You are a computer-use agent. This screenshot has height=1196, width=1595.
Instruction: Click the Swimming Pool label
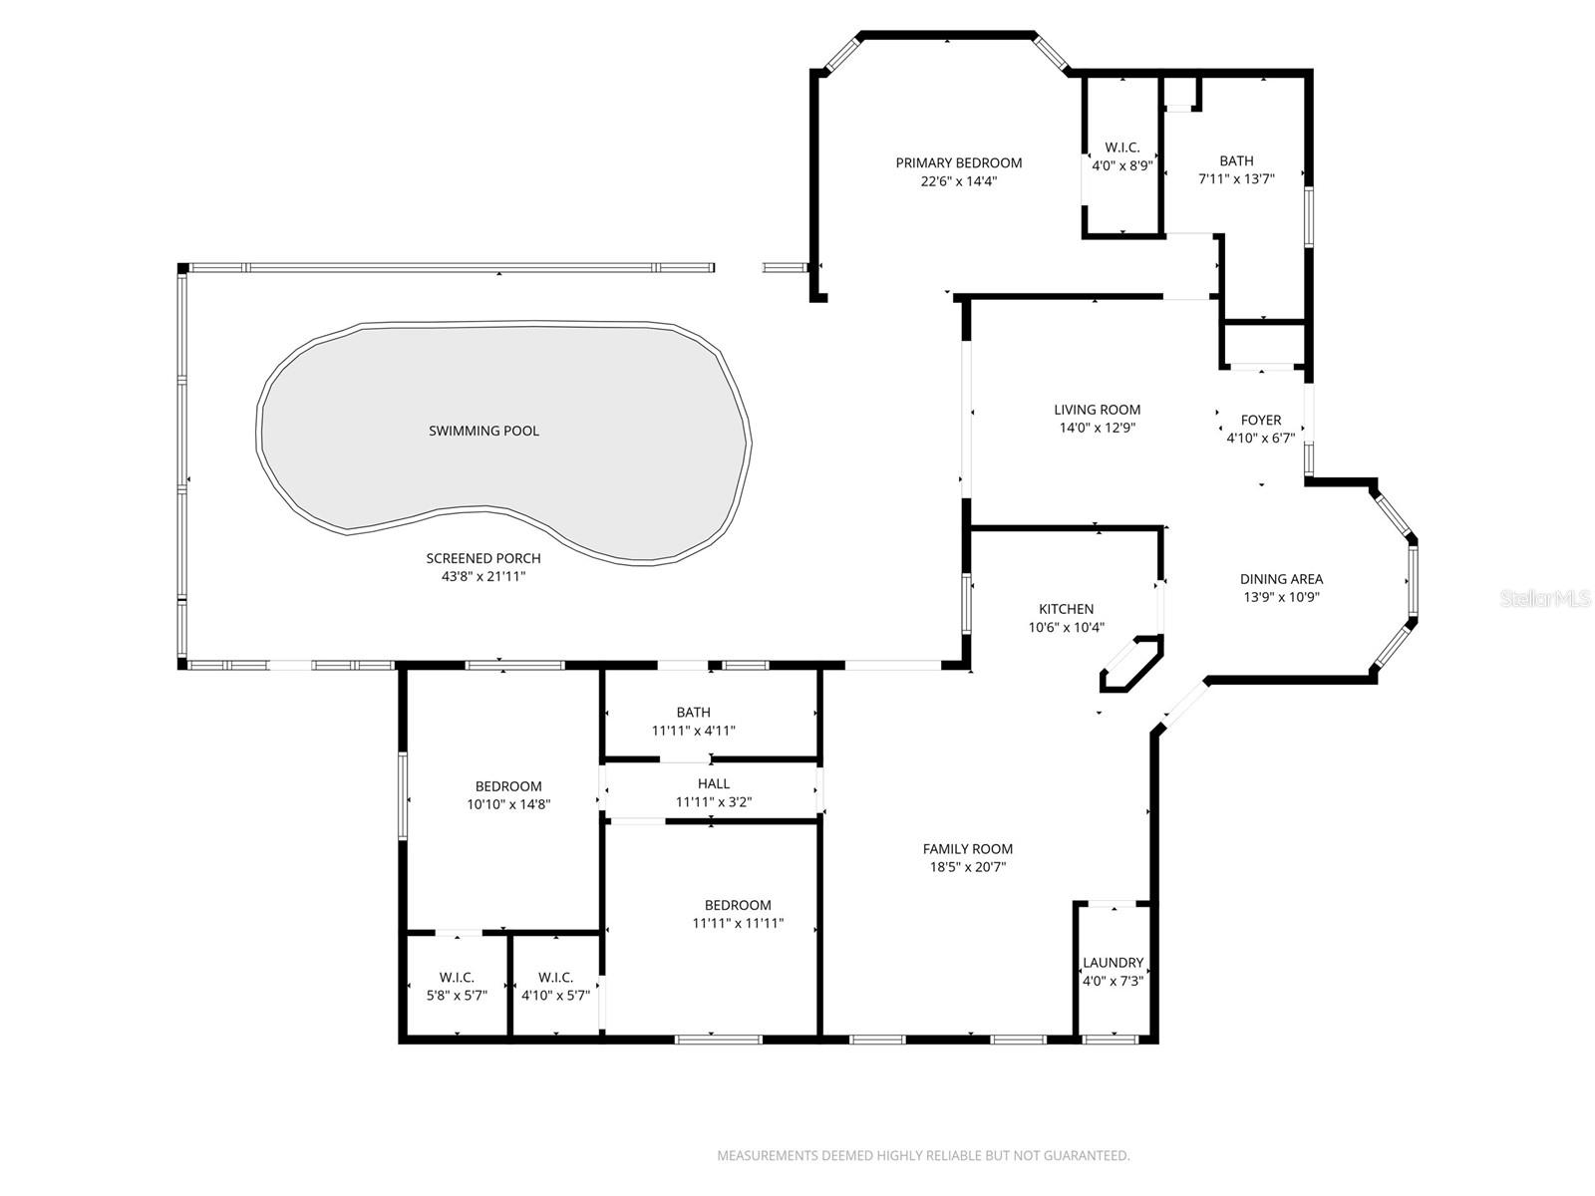483,431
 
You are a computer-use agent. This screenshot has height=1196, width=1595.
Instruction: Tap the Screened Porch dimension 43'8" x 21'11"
483,577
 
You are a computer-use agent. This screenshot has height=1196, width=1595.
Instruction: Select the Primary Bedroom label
958,162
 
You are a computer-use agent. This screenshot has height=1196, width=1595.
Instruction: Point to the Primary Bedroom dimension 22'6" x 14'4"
958,181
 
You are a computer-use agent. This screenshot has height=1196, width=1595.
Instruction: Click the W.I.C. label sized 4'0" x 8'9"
1122,148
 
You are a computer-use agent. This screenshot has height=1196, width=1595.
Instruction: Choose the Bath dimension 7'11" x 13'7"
1236,179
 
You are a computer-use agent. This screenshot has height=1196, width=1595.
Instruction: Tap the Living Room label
1097,410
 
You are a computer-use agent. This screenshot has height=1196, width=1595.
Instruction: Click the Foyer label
1260,420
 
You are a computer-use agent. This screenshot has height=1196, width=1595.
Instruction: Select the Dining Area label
1281,579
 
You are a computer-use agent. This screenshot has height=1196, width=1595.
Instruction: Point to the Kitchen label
1066,609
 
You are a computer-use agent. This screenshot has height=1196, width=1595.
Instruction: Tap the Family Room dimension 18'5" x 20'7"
967,867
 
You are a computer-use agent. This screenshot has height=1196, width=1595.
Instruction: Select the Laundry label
1113,963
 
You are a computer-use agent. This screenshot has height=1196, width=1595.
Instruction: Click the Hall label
713,783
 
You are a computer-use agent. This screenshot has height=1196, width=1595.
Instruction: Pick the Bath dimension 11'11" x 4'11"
693,731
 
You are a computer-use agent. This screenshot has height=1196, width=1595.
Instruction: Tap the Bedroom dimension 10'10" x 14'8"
508,804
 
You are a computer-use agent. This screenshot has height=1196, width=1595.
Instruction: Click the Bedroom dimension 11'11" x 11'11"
738,923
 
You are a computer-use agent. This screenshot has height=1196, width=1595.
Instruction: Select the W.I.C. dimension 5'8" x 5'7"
457,995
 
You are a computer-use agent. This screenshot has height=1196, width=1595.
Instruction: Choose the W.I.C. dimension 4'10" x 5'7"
555,995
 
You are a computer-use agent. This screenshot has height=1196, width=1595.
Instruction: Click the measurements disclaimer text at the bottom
923,1156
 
